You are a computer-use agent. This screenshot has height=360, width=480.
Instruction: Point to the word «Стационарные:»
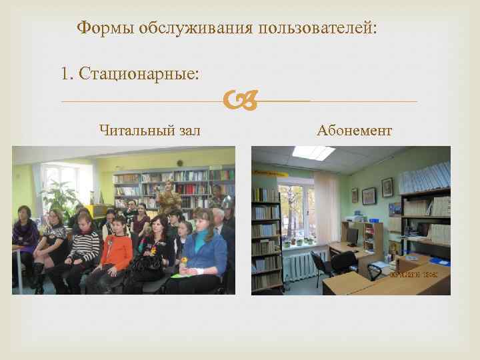138,73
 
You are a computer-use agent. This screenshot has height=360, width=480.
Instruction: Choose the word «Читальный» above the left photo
129,129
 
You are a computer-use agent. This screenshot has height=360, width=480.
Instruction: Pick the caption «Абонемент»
354,129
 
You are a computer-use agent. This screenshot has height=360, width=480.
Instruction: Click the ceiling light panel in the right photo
313,153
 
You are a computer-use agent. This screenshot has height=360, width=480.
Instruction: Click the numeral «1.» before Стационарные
66,73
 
